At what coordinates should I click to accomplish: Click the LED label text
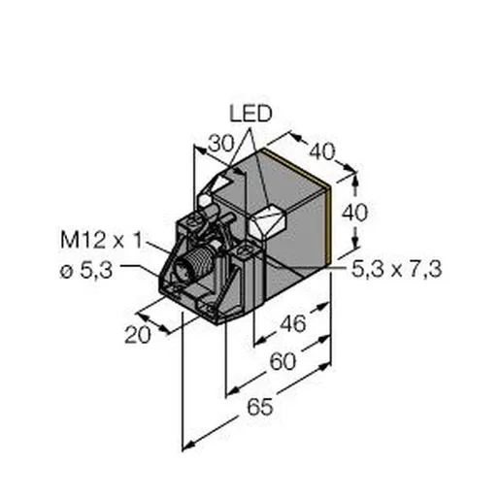250,114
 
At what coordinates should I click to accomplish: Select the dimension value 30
220,144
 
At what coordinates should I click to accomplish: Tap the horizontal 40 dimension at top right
321,151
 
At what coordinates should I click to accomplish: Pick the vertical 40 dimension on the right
355,213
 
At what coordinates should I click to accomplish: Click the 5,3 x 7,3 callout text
397,269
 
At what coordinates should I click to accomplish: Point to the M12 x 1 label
101,241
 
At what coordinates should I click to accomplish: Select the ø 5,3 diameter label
86,271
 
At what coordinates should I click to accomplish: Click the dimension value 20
138,335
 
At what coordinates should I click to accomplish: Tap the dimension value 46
292,323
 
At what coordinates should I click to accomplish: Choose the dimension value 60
283,361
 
